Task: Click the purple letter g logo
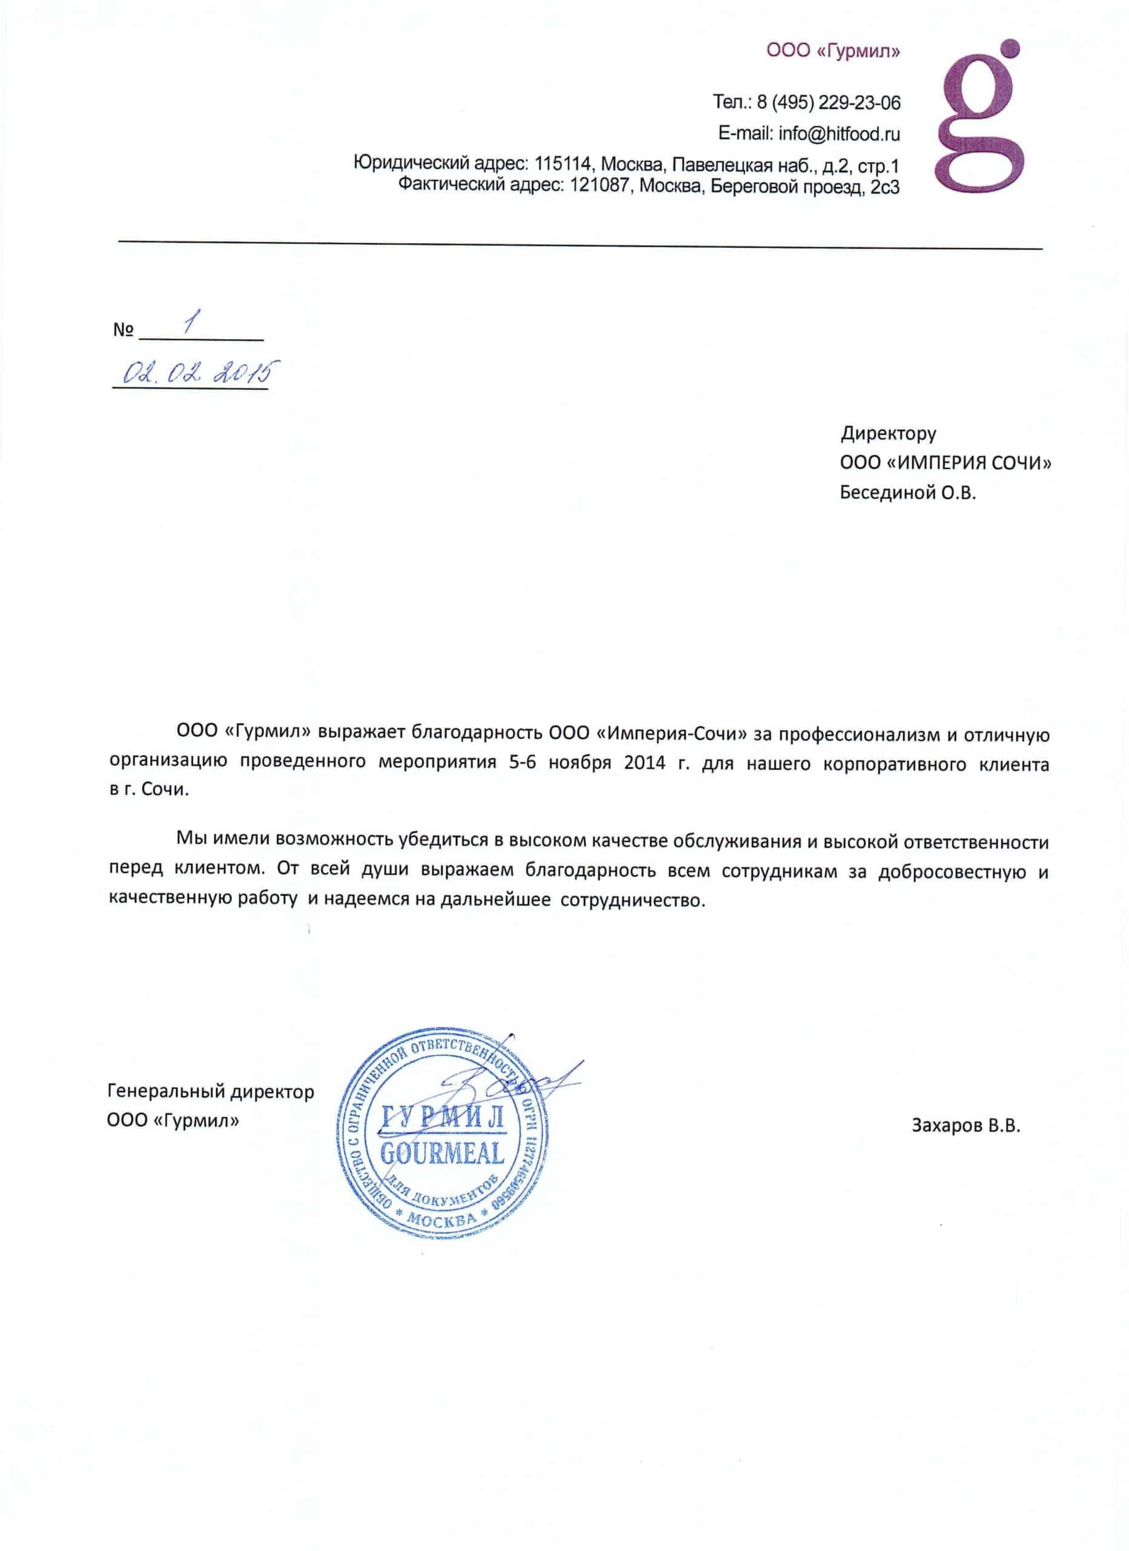pos(982,116)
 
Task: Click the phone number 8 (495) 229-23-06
pos(827,102)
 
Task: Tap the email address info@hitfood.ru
pos(839,134)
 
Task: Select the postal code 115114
pos(560,164)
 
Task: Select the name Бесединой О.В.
pos(907,493)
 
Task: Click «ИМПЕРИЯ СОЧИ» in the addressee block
pos(964,463)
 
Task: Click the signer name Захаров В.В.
pos(965,1126)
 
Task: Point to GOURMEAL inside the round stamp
pos(442,1153)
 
